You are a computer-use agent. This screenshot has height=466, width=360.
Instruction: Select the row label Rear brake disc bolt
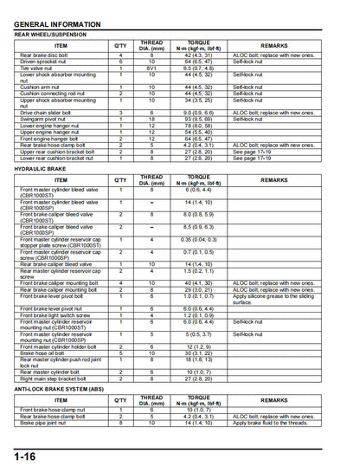[47, 55]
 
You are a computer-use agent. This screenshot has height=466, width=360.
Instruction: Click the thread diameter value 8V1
[151, 68]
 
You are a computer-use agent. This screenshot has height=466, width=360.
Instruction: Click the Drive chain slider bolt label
[50, 112]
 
